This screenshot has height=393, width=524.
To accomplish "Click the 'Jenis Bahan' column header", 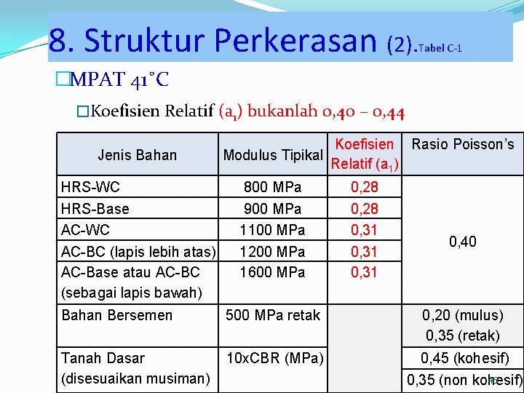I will pos(137,155).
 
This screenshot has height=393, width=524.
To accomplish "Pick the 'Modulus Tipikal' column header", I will pos(273,155).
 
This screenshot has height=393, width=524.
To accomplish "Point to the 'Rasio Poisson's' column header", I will pos(463,144).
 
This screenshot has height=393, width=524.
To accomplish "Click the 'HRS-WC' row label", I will pos(91,188).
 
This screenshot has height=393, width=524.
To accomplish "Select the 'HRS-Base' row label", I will pos(95,209).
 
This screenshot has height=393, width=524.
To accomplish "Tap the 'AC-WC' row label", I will pos(86,230).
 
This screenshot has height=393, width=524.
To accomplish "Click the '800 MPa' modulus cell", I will pos(273,188).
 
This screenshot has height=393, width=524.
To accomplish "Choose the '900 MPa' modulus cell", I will pos(273,209).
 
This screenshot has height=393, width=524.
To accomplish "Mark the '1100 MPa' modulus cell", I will pos(273,230).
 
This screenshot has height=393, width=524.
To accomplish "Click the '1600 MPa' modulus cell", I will pos(273,272).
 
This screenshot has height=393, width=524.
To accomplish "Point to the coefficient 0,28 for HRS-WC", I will pos(365,188).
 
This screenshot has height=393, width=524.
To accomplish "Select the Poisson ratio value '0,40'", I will pos(463,241).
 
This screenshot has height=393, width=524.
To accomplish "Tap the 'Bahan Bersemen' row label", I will pos(117,315).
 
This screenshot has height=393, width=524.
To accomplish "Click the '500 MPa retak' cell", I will pos(273,315).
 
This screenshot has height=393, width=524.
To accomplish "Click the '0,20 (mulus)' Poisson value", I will pos(463,315).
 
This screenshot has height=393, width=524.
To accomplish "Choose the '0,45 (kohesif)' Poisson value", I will pos(463,358).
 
